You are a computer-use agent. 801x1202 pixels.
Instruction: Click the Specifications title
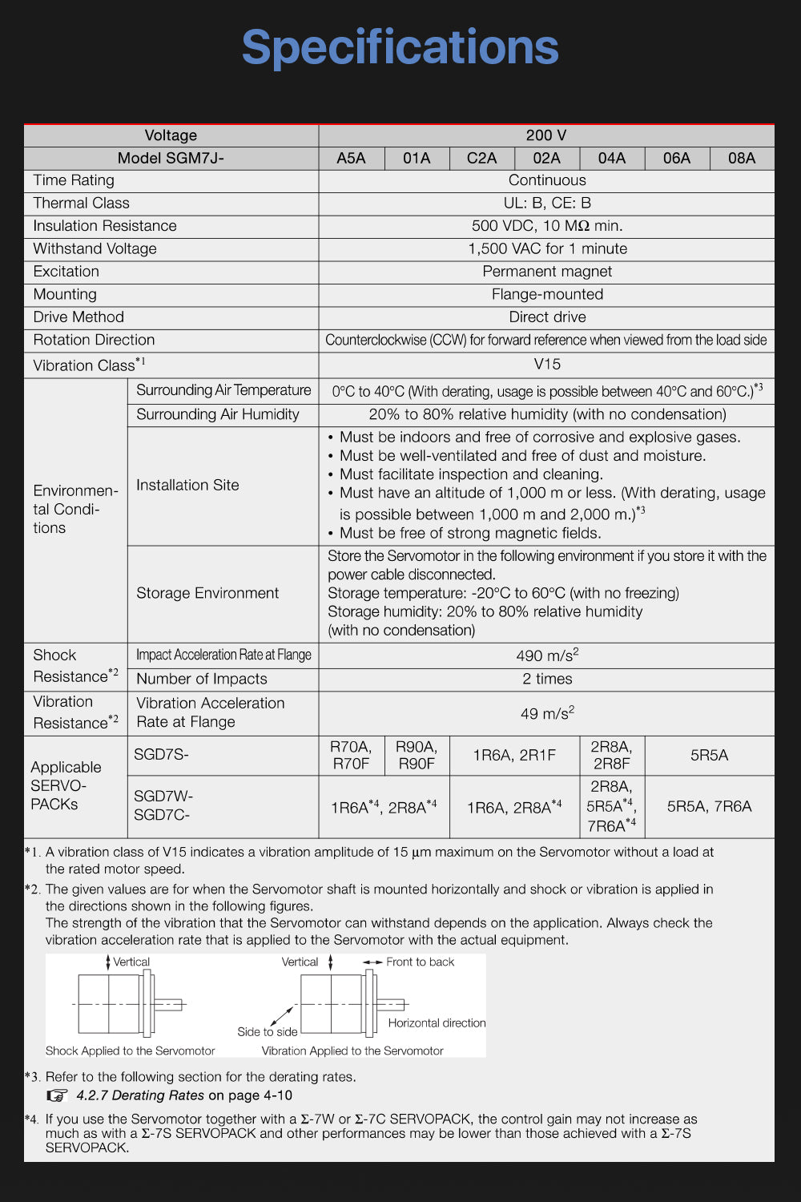click(400, 47)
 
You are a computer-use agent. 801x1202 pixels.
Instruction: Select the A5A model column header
click(351, 158)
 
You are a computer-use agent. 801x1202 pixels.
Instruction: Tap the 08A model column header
click(742, 158)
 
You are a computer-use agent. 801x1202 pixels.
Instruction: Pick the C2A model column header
click(481, 158)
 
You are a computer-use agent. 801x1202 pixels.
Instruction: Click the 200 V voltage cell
click(546, 135)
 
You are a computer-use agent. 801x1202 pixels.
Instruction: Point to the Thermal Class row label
click(81, 203)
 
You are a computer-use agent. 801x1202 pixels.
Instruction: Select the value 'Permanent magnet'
click(547, 272)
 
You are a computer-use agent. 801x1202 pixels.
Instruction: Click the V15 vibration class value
click(547, 364)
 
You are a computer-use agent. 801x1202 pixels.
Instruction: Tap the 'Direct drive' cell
click(547, 317)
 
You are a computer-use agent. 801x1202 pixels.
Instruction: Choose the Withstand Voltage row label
click(95, 248)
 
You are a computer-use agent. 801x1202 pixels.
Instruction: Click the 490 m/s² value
click(547, 655)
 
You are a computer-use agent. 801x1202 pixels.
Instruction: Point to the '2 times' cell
click(547, 679)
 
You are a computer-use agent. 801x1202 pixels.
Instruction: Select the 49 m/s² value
click(547, 713)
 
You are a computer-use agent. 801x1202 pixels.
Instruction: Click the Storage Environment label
click(207, 593)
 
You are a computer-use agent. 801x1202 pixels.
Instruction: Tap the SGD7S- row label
click(161, 754)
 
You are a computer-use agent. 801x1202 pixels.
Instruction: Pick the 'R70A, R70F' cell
click(351, 755)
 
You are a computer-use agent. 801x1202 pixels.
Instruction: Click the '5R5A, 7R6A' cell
click(709, 806)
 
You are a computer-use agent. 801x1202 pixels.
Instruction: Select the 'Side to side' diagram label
click(267, 1032)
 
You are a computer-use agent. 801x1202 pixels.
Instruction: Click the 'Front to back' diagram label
click(420, 962)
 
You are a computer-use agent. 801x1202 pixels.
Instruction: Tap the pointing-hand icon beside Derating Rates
click(57, 1095)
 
